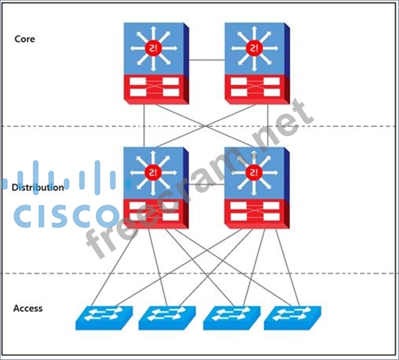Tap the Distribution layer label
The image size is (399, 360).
[37, 187]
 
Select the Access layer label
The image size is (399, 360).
[28, 308]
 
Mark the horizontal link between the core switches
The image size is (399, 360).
[207, 59]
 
